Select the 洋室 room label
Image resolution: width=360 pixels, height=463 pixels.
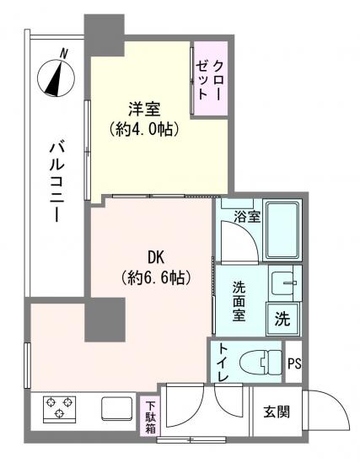(144, 110)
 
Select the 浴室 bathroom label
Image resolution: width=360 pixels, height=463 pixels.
(247, 216)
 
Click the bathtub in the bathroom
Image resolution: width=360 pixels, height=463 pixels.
(283, 231)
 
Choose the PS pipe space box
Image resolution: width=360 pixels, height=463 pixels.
(294, 363)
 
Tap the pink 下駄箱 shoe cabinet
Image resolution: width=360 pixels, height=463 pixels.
(149, 417)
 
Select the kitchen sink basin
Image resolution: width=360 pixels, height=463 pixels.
(116, 408)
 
